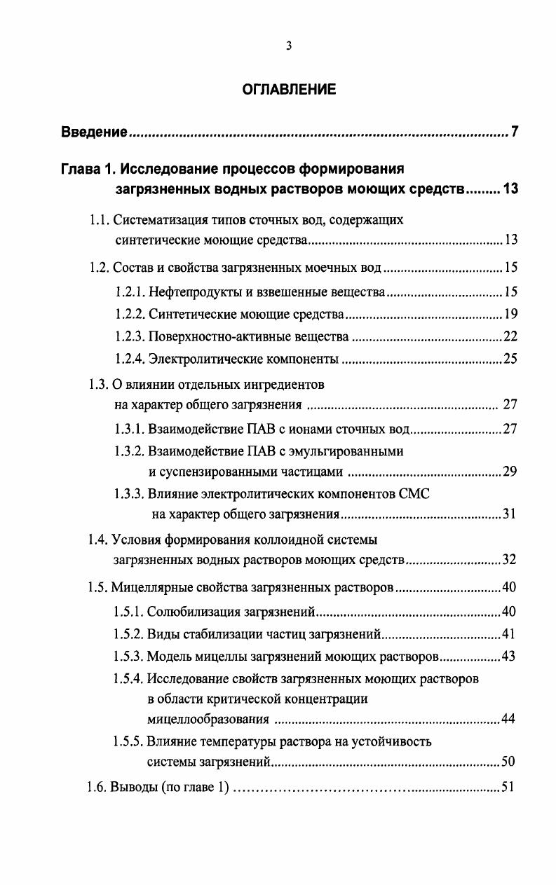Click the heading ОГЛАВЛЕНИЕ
point(289,90)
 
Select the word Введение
point(94,132)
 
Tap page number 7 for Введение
point(514,132)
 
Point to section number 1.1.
point(99,220)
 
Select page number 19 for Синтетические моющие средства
point(510,314)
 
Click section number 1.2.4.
point(129,359)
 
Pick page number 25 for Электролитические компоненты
point(510,359)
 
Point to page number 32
point(510,560)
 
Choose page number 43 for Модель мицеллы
point(510,657)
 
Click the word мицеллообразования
point(208,719)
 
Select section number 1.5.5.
point(129,741)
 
